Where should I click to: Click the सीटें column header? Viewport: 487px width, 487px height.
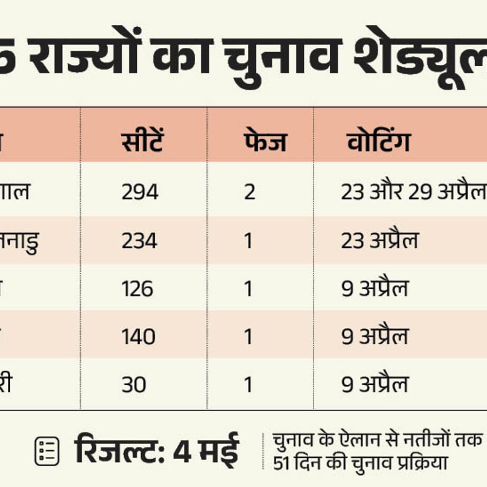point(142,141)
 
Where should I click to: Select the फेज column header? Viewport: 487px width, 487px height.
point(264,141)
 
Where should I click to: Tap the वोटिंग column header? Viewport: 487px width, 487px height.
point(378,141)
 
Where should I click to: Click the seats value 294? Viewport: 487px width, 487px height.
point(140,192)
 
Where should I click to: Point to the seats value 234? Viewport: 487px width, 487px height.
point(139,241)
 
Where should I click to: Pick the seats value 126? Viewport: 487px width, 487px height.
point(137,289)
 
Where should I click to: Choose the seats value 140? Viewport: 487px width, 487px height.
point(138,337)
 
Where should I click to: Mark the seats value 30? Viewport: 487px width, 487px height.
point(134,385)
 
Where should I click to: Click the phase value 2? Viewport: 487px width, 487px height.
point(249,192)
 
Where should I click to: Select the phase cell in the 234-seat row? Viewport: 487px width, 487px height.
point(249,241)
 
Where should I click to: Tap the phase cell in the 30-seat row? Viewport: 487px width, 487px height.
point(249,385)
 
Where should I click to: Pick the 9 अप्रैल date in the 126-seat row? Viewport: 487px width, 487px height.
point(375,289)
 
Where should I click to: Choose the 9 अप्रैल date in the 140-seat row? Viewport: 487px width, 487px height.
point(375,337)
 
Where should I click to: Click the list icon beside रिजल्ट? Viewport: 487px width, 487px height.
point(47,451)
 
